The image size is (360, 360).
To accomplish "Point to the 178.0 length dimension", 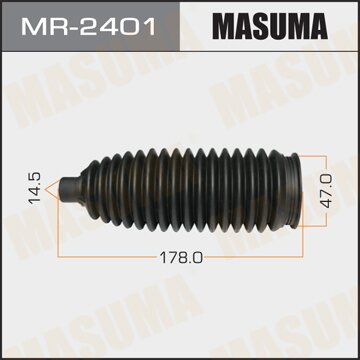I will (x=180, y=258).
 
